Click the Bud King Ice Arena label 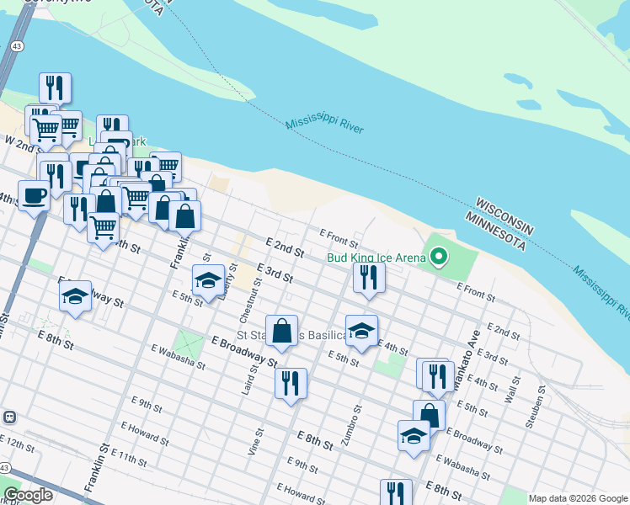tap(376, 258)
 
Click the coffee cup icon tap(34, 195)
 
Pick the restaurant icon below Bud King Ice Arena tap(369, 277)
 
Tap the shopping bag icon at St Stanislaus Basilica tap(282, 330)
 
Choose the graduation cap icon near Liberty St tap(208, 280)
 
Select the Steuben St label tap(537, 408)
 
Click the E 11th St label tap(128, 458)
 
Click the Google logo tap(28, 495)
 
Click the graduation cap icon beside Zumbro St tap(361, 330)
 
